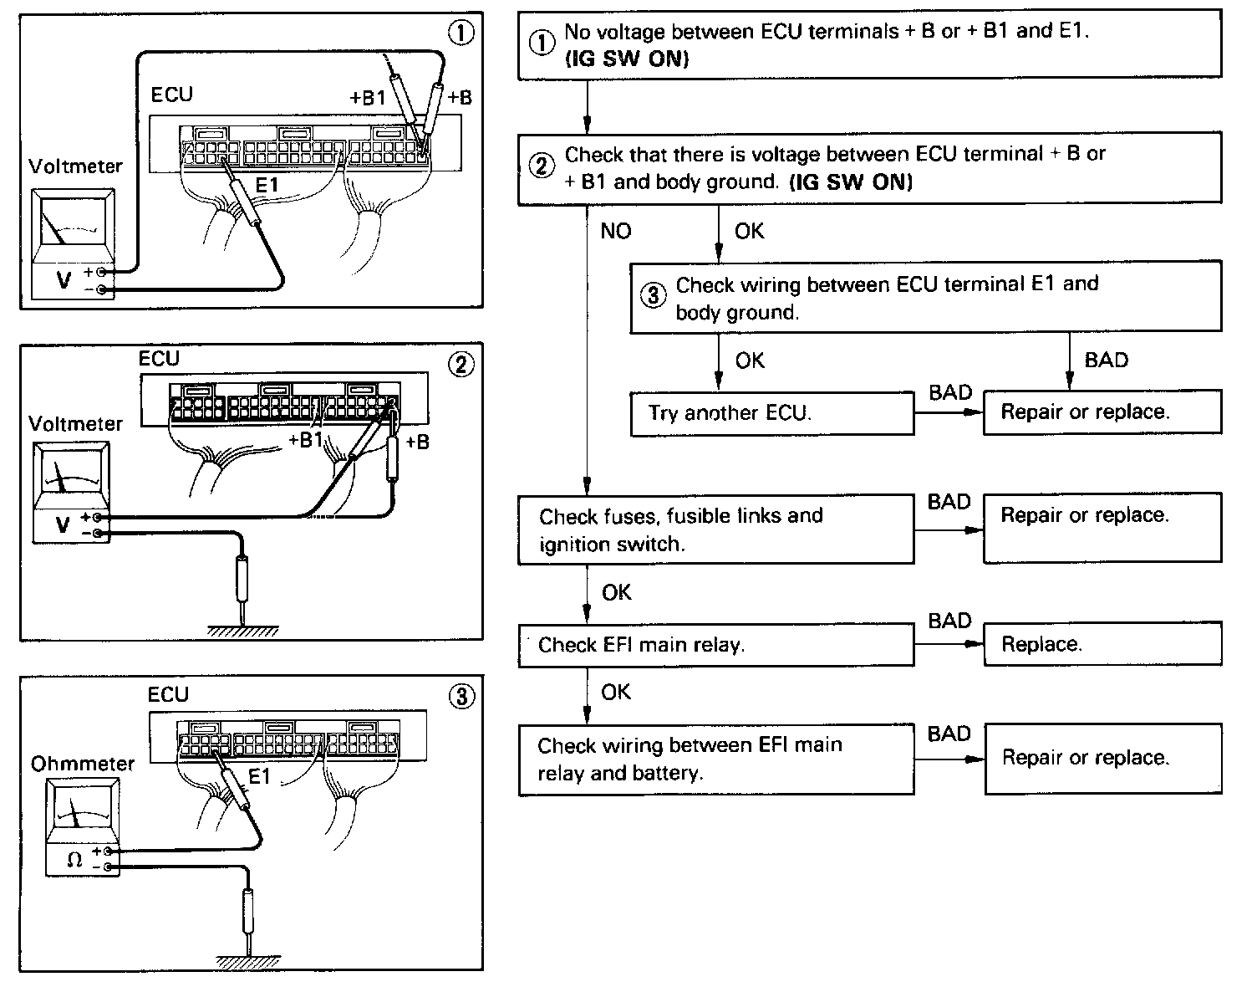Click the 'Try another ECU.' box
tap(771, 413)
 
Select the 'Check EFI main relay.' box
tap(715, 645)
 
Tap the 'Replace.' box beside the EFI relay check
tap(1102, 644)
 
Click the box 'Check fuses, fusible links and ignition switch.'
tap(715, 529)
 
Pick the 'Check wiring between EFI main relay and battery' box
tap(715, 759)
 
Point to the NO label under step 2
tap(616, 231)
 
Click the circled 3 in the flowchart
tap(654, 296)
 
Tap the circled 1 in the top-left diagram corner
tap(461, 33)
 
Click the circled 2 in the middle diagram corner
tap(461, 365)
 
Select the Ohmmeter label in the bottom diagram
tap(82, 764)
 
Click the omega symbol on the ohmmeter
tap(74, 859)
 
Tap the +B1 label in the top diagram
tap(368, 98)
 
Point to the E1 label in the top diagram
tap(267, 186)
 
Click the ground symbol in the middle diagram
tap(242, 632)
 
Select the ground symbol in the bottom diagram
tap(249, 960)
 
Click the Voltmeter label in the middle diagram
tap(75, 423)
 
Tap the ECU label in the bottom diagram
tap(168, 695)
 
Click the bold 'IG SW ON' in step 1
tap(627, 60)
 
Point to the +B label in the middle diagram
tap(417, 442)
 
